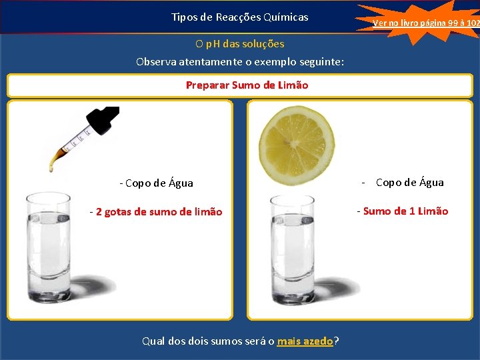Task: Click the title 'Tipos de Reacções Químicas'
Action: point(239,17)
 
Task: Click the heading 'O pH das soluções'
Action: point(240,44)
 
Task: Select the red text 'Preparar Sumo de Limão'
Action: point(247,85)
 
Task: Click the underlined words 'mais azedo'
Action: point(305,341)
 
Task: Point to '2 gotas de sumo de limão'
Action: point(159,212)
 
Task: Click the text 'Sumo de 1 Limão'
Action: point(405,211)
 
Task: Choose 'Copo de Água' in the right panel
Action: point(409,183)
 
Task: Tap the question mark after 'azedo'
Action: point(336,341)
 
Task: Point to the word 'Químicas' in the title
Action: point(287,17)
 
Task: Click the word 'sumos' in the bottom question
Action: point(223,341)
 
